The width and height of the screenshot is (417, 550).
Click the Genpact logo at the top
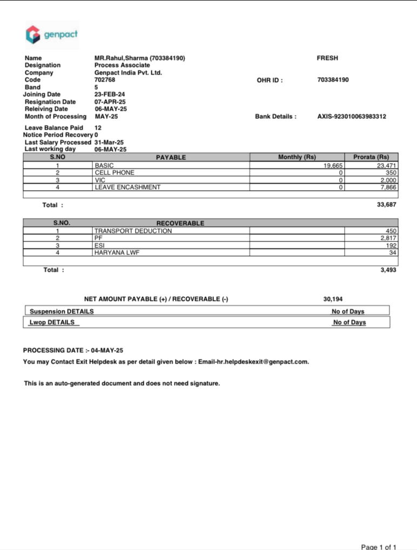tap(52, 35)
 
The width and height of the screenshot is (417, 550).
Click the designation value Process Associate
tap(122, 65)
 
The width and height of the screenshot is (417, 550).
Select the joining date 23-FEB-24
tap(110, 95)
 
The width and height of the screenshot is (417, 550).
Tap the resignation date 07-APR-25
tap(110, 102)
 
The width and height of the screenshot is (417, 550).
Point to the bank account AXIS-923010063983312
tap(352, 116)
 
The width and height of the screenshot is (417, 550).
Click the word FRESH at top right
tap(327, 58)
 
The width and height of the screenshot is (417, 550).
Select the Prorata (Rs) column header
tap(371, 157)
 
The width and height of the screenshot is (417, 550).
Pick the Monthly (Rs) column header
tap(297, 157)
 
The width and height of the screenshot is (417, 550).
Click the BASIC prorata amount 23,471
tap(387, 165)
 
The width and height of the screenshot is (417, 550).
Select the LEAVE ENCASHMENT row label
tap(127, 187)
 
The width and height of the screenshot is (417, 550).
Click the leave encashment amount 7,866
tap(388, 187)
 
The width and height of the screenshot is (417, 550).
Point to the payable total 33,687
tap(387, 205)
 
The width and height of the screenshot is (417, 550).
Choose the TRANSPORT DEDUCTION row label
tap(133, 231)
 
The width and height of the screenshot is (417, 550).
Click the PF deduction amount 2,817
tap(388, 238)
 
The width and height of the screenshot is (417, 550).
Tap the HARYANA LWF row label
tap(117, 252)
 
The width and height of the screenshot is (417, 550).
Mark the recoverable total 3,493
tap(388, 270)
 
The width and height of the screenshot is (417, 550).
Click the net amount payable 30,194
tap(333, 299)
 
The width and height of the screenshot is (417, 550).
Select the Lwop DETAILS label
tap(52, 323)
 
